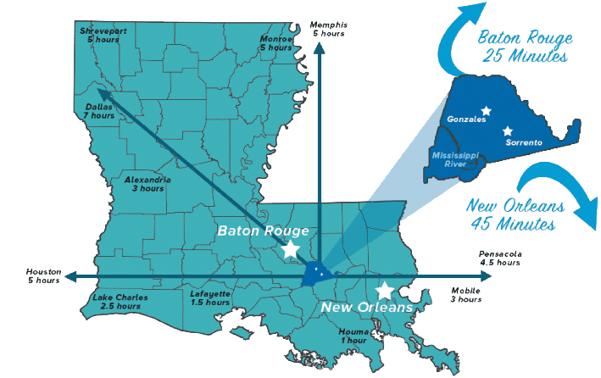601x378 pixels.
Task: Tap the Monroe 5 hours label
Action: [x=275, y=42]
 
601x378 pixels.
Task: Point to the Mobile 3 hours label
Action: [x=464, y=295]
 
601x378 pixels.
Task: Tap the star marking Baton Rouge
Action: [x=291, y=249]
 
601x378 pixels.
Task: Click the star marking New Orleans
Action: [x=385, y=291]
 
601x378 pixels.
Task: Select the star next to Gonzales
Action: [x=486, y=110]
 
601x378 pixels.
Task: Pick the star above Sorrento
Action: [x=507, y=131]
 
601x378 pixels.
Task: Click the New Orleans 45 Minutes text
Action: [x=511, y=215]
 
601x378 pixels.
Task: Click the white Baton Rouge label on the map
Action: [x=263, y=231]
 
